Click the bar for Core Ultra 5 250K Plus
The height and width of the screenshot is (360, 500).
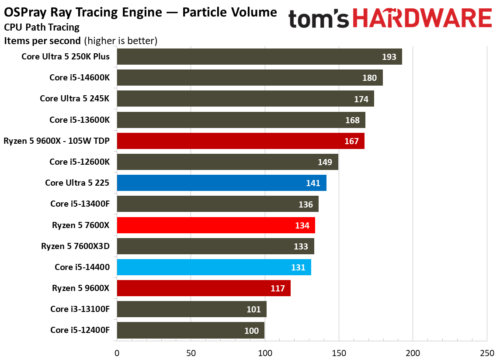(259, 56)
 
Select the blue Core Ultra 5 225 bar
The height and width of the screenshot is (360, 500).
(222, 183)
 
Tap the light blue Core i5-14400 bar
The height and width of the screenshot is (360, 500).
(214, 267)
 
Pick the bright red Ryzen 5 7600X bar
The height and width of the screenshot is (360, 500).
(216, 225)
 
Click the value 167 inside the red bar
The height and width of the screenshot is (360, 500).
(351, 141)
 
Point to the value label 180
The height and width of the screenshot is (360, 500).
(369, 78)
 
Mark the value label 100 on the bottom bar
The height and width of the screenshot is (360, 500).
(251, 331)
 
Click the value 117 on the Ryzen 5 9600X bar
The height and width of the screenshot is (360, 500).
(278, 288)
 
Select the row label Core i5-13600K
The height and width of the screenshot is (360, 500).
(80, 120)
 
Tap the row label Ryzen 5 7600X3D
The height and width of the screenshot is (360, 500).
(75, 246)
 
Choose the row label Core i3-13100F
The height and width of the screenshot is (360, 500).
(80, 309)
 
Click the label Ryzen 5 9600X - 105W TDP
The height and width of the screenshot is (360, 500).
(56, 141)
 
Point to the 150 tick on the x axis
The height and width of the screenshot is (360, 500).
(339, 353)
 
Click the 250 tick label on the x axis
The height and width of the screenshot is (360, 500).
(487, 353)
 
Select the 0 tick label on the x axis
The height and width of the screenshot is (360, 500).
(117, 353)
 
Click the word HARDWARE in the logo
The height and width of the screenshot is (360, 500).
(422, 18)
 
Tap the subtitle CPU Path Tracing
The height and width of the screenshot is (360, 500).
(42, 28)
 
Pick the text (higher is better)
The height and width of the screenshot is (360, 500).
(121, 41)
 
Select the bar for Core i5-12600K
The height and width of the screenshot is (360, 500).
(227, 162)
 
